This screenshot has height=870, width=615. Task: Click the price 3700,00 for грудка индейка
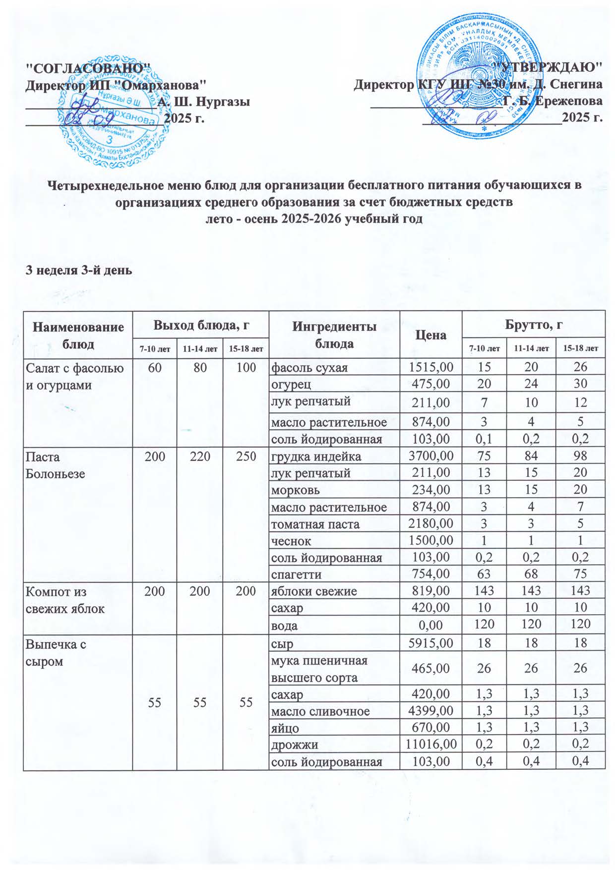(430, 456)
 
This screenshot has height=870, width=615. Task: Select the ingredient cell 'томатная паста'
(315, 524)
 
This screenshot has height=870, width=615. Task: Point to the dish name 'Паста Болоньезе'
(55, 465)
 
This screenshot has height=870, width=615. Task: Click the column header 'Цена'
(430, 335)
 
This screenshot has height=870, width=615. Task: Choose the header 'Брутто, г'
(533, 325)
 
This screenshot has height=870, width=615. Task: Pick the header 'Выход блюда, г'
(200, 325)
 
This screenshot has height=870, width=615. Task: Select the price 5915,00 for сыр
(430, 643)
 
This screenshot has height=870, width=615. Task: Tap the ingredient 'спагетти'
(296, 575)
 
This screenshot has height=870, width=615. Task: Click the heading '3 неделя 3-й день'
(79, 270)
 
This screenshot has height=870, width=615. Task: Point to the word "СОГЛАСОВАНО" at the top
(87, 67)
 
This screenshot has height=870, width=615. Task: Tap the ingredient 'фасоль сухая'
(309, 367)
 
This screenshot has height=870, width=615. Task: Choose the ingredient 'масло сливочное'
(320, 711)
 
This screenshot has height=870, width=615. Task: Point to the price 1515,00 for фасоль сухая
(430, 367)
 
